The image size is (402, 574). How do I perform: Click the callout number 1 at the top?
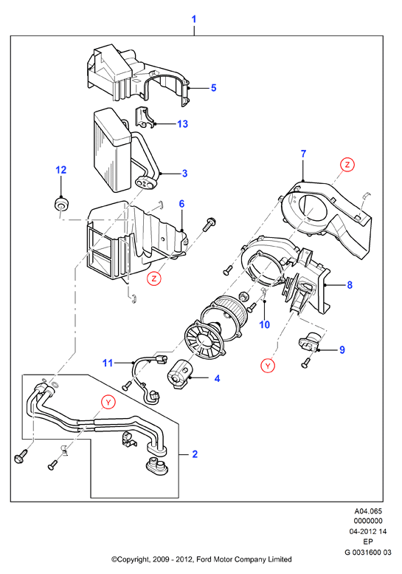[x=194, y=19]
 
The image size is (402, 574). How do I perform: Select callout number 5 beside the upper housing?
[x=214, y=88]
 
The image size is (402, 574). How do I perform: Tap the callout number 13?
[x=182, y=124]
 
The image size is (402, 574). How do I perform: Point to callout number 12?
[x=61, y=170]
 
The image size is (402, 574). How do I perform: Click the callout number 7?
[x=304, y=154]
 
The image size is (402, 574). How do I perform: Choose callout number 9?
[x=342, y=350]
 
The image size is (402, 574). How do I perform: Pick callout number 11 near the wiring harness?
[x=108, y=363]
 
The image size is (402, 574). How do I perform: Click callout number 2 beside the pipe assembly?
[x=195, y=454]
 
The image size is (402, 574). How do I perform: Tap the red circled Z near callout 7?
[x=347, y=165]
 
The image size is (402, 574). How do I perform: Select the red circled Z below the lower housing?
[x=154, y=279]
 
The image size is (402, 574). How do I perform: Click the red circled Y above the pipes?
[x=108, y=403]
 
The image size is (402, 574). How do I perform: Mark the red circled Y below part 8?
[x=268, y=366]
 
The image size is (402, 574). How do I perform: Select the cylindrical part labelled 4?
[x=179, y=374]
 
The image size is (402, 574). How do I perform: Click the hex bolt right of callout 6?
[x=209, y=223]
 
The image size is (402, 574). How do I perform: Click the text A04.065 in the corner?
[x=368, y=511]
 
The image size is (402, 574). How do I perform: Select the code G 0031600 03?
[x=368, y=552]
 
